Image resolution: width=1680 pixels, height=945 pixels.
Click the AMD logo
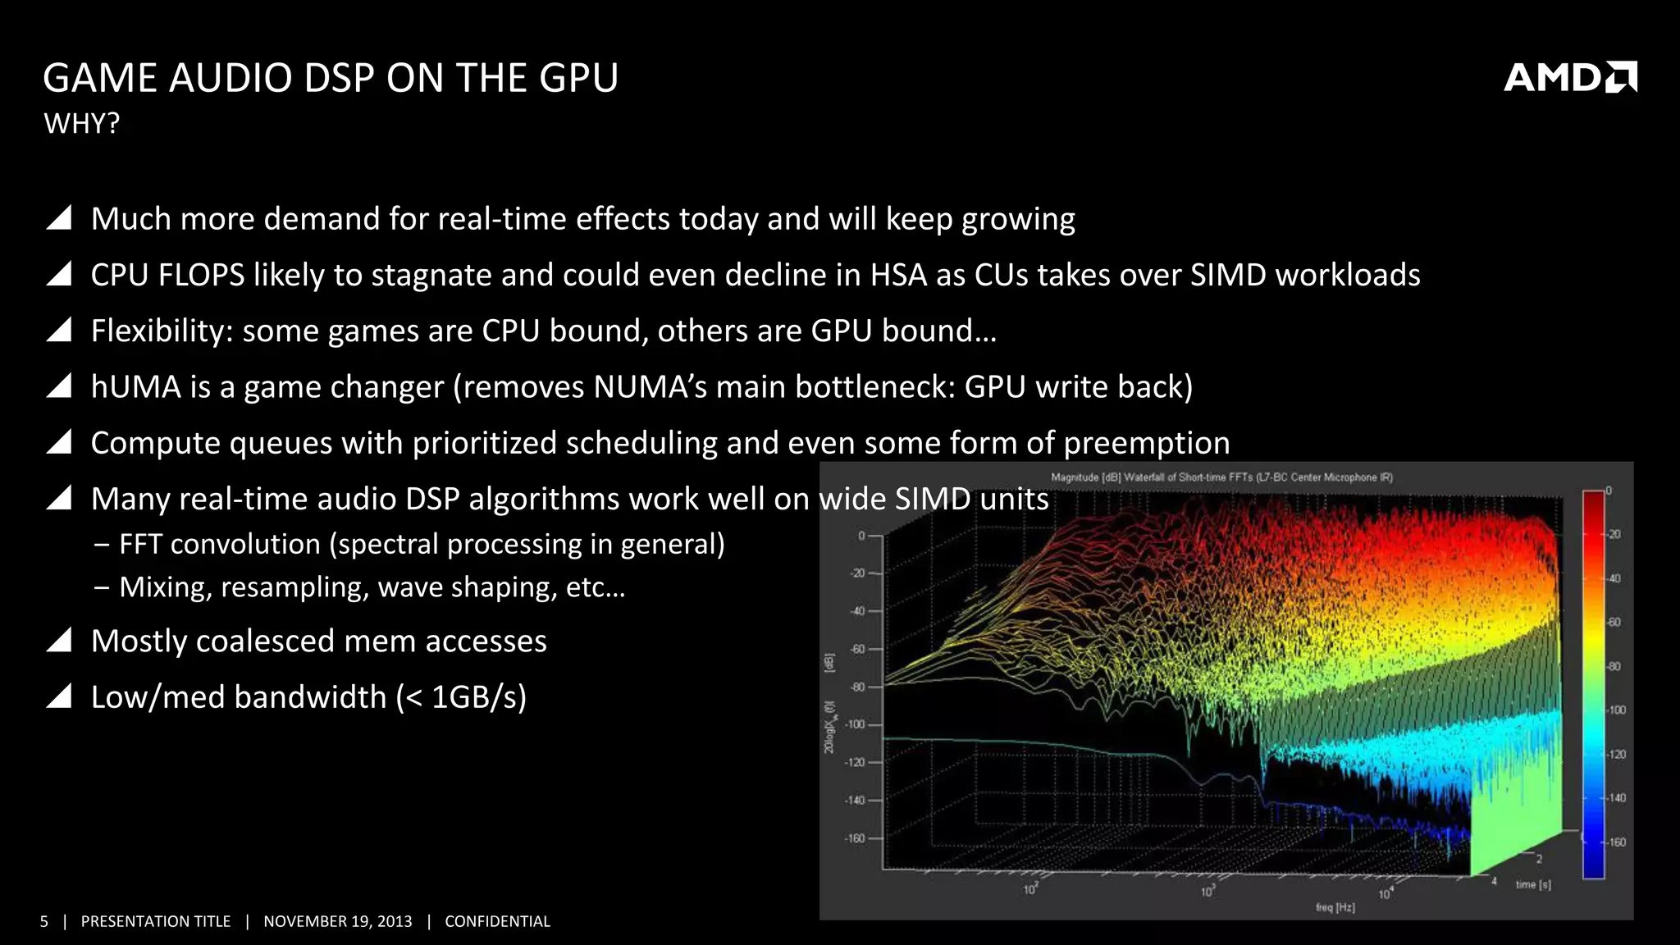coord(1569,77)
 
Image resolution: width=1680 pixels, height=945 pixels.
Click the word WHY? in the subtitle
coord(81,124)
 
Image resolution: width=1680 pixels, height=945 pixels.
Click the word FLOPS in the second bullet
coord(202,275)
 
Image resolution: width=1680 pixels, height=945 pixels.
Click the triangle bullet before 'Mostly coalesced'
coord(59,640)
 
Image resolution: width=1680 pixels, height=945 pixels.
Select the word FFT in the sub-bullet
coord(140,544)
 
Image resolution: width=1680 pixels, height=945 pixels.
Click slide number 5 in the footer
coord(44,921)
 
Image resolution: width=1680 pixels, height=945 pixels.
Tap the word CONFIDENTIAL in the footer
coord(497,921)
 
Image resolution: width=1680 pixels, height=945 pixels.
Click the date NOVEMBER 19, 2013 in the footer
coord(337,921)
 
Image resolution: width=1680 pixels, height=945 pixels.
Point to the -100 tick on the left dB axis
coord(856,724)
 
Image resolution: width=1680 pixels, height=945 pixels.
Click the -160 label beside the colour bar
coord(1616,842)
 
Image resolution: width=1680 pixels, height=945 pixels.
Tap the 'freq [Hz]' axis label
coord(1335,907)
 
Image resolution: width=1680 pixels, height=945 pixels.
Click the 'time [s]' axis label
coord(1532,884)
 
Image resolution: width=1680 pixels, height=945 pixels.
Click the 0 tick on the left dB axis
coord(861,536)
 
